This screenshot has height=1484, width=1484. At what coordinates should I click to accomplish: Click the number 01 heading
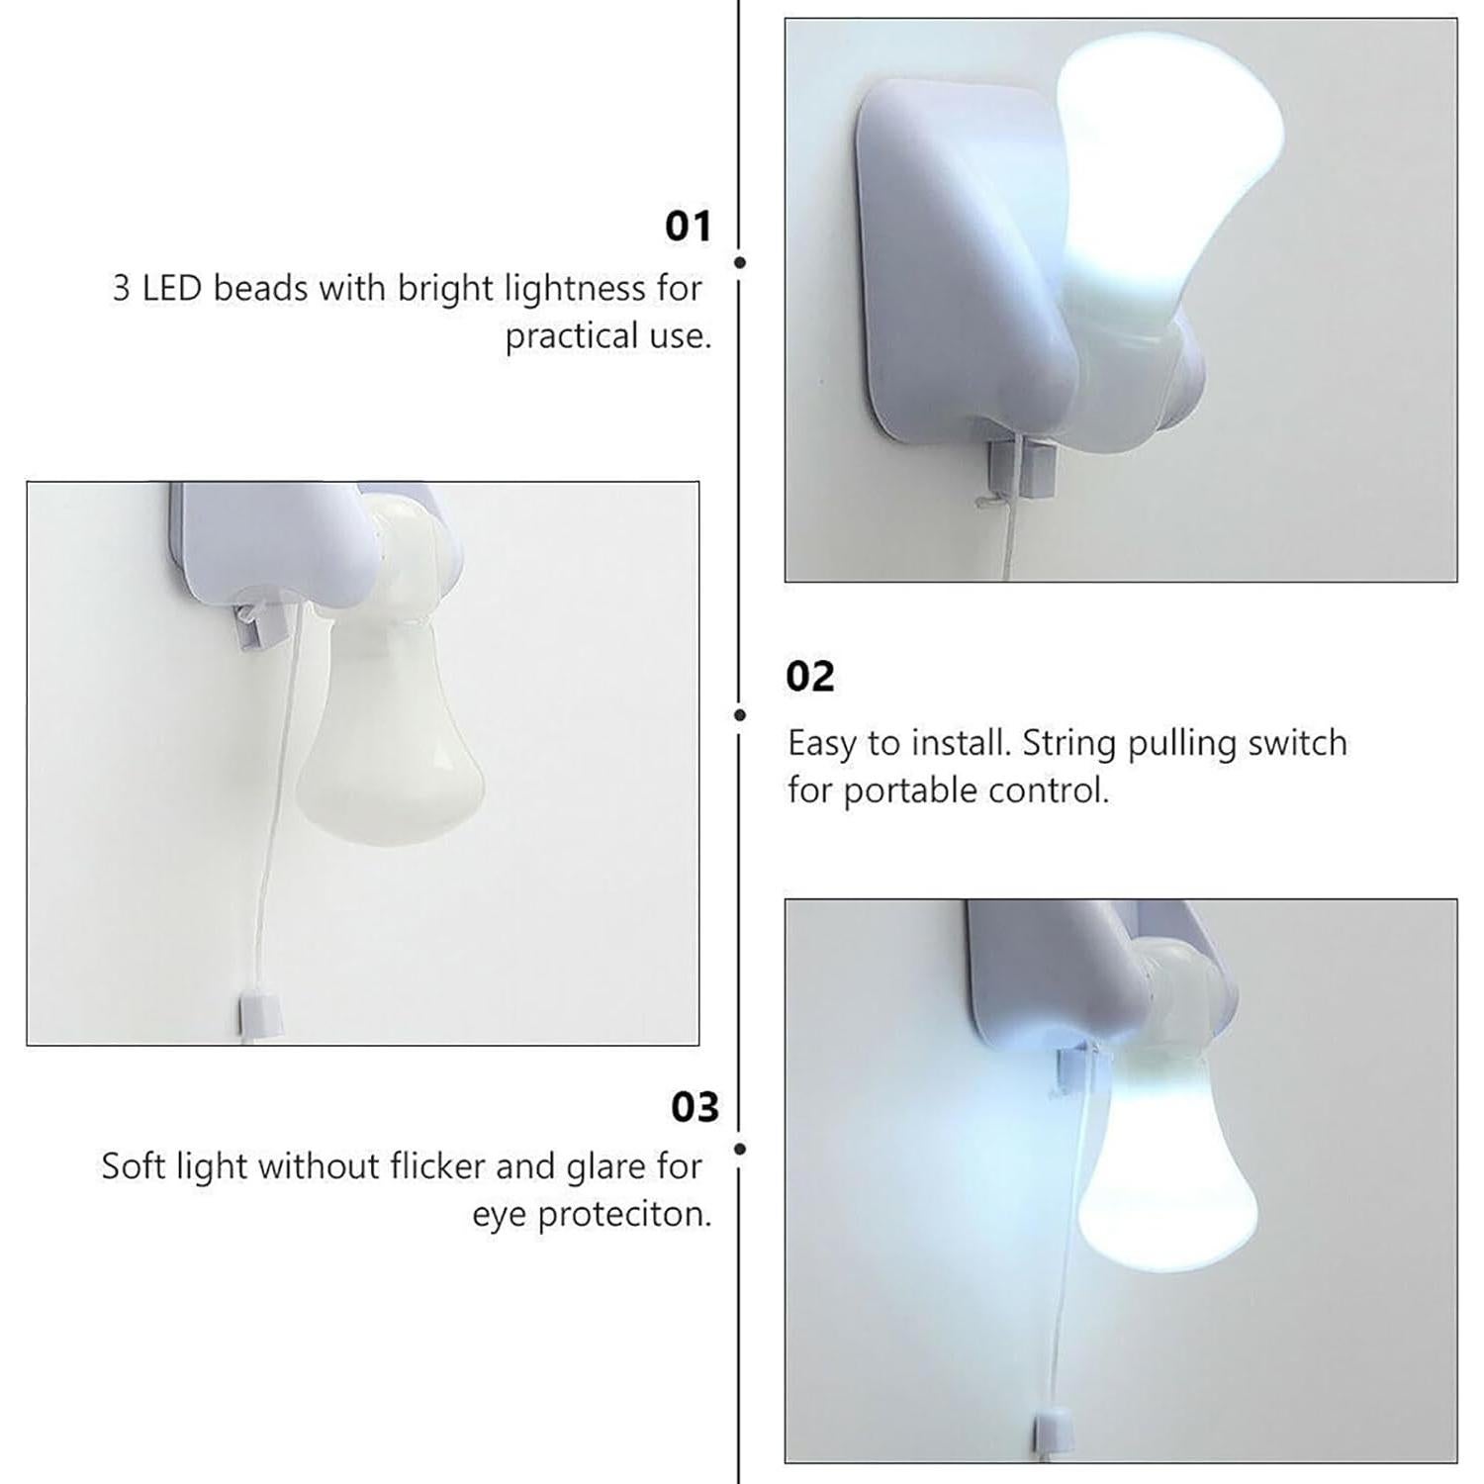point(688,227)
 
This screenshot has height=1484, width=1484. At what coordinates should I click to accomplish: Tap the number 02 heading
point(810,677)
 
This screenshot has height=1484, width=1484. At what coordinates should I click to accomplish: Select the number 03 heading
point(695,1107)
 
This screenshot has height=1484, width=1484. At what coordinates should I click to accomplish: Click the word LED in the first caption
point(173,288)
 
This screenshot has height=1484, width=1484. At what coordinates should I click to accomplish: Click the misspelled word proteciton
point(624,1215)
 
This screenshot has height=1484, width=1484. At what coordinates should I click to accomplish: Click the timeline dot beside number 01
point(740,262)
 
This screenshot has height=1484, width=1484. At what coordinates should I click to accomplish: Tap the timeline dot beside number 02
point(740,714)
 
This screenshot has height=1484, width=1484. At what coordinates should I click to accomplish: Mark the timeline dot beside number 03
point(740,1149)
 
